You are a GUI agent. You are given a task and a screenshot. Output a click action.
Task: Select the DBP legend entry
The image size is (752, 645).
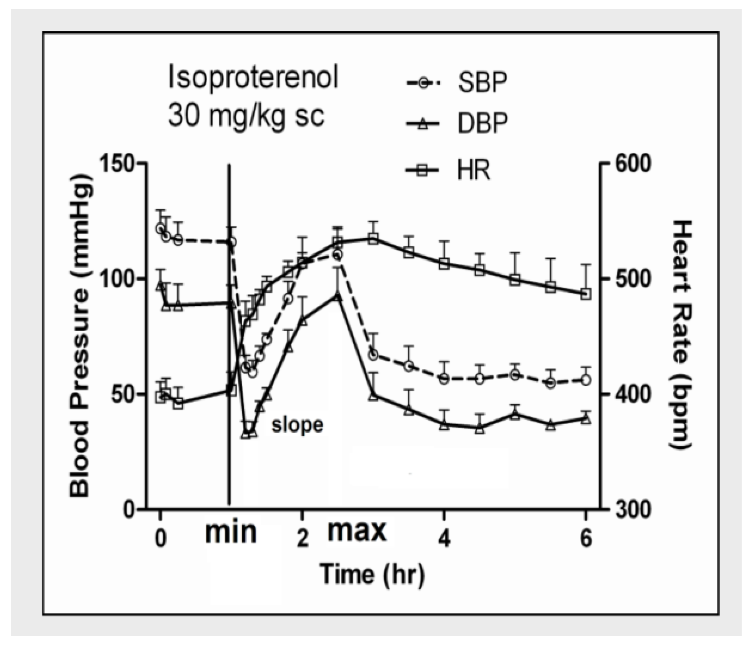tap(457, 124)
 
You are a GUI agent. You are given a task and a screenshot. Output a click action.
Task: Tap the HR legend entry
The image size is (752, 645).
tap(449, 170)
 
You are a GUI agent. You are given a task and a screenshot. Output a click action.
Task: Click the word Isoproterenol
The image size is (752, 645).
tap(253, 78)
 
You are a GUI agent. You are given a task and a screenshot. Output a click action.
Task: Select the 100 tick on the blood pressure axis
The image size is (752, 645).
tap(119, 278)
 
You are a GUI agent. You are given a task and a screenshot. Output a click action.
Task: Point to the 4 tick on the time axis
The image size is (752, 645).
tap(444, 540)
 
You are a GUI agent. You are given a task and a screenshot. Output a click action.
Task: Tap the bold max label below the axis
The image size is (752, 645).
tap(357, 530)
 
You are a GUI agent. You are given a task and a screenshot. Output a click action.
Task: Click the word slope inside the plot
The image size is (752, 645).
tap(297, 425)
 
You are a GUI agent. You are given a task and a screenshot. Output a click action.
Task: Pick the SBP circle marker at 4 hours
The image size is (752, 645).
tap(444, 379)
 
